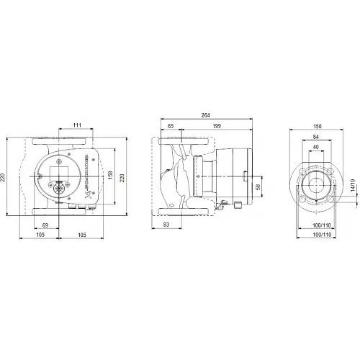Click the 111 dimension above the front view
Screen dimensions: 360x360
point(77,125)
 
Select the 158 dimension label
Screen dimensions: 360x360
point(111,176)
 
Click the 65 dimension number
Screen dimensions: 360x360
point(170,125)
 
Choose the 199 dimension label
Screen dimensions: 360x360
point(217,125)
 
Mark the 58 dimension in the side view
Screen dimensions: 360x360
point(258,186)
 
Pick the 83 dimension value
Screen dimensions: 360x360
point(168,226)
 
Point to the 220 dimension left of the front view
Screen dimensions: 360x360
point(4,176)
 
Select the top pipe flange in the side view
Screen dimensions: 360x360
point(185,148)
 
